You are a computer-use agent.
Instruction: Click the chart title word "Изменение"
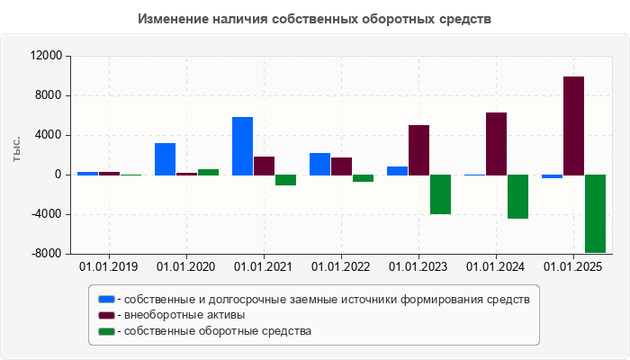173,19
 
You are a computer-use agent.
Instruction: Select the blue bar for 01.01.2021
242,146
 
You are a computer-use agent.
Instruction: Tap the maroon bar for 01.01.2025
573,125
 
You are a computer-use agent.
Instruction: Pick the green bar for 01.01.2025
595,213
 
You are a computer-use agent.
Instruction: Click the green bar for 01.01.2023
440,194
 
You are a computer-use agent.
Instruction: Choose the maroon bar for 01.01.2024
496,143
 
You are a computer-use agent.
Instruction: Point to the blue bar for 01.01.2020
165,158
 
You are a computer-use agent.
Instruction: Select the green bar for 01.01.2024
517,196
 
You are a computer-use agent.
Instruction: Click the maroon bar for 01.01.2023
418,149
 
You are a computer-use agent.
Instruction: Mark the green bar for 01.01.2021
285,180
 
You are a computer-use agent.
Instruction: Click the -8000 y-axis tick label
45,254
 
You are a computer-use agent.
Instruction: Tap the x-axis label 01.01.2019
109,267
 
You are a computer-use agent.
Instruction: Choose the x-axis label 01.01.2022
341,267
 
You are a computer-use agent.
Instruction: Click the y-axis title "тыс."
16,149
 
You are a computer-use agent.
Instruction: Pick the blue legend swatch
106,299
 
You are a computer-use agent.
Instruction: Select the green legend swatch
106,331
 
